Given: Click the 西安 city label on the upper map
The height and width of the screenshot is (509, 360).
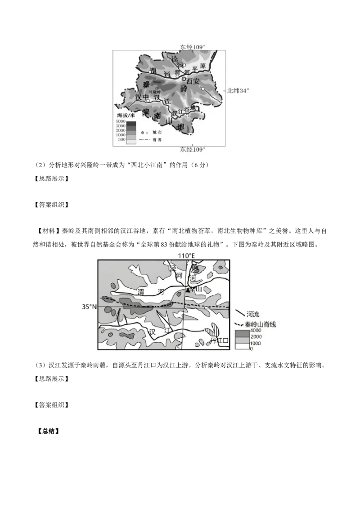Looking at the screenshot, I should coord(193,81).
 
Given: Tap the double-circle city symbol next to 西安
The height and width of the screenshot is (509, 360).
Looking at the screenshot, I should coord(184,79).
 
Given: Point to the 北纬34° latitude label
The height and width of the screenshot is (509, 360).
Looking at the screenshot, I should coord(238,90).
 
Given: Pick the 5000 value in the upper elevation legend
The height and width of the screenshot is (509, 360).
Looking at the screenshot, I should coord(120,121).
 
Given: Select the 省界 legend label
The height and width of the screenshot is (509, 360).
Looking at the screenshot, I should coord(157,140).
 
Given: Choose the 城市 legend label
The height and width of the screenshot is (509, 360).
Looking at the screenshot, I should coord(157,133).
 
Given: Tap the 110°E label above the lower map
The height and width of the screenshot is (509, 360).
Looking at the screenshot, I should coord(186,256).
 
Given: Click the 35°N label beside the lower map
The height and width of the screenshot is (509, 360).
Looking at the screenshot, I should coord(89,307).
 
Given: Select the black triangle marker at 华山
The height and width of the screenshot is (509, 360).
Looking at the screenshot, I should coord(188,290).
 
